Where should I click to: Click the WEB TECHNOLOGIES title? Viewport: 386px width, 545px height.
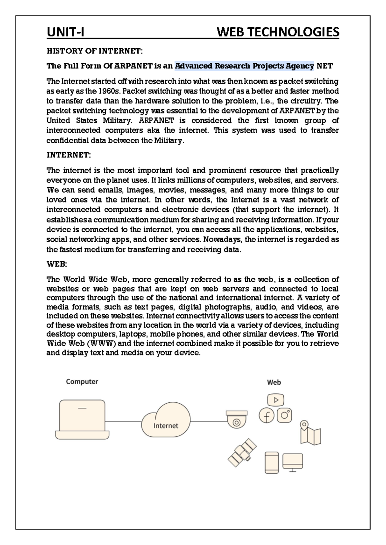point(278,32)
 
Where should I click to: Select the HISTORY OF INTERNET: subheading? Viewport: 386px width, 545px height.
point(95,51)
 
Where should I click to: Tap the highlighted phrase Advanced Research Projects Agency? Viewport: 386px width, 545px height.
point(244,66)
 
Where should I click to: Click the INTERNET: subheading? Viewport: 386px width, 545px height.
point(69,155)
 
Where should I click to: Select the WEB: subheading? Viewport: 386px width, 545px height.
point(57,264)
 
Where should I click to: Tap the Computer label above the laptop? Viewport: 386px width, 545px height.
point(82,381)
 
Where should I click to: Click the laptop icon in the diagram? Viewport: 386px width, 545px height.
point(82,419)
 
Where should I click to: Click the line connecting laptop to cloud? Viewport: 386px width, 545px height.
point(124,421)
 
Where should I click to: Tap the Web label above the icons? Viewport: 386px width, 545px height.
point(274,382)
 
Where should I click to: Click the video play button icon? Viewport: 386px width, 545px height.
point(276,400)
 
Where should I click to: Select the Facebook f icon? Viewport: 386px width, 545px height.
point(266,416)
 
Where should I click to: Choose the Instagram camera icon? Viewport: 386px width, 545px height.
point(285,415)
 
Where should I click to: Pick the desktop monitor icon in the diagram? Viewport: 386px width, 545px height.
point(292,462)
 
